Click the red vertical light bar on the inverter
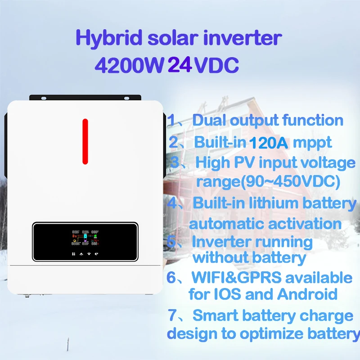85,141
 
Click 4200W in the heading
128,66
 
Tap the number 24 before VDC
180,66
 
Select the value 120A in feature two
269,143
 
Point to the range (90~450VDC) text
268,181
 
